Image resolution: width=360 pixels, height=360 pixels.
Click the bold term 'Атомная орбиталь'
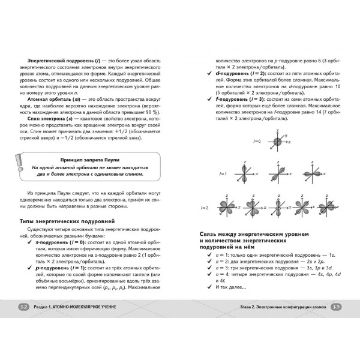pyautogui.click(x=57, y=98)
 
